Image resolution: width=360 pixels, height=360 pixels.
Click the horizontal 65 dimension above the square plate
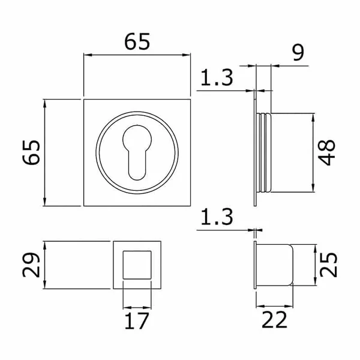pyautogui.click(x=137, y=41)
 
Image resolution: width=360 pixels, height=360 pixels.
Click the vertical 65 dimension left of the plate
pyautogui.click(x=31, y=152)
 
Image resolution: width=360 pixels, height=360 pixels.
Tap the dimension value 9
pyautogui.click(x=298, y=53)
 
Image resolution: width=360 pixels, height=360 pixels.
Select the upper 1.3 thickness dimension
pyautogui.click(x=217, y=77)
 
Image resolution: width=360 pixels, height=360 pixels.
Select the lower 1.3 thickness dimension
pyautogui.click(x=217, y=217)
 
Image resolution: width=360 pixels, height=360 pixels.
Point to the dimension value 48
pyautogui.click(x=326, y=152)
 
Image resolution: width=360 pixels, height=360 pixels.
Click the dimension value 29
pyautogui.click(x=31, y=265)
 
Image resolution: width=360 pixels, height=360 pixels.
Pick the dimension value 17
pyautogui.click(x=137, y=321)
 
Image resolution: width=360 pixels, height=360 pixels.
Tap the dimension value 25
pyautogui.click(x=328, y=265)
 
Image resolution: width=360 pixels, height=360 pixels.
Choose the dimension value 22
pyautogui.click(x=274, y=319)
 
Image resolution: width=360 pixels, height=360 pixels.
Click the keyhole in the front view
pyautogui.click(x=137, y=152)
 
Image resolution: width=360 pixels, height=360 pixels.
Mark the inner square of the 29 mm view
pyautogui.click(x=137, y=265)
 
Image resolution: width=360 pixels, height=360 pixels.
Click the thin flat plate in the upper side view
pyautogui.click(x=255, y=148)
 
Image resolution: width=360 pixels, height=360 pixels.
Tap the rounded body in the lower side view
pyautogui.click(x=275, y=265)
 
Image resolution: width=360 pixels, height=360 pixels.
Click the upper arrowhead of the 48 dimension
pyautogui.click(x=313, y=117)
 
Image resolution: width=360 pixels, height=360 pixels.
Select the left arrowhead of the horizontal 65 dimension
pyautogui.click(x=88, y=55)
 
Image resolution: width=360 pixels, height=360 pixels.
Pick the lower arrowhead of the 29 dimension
pyautogui.click(x=45, y=284)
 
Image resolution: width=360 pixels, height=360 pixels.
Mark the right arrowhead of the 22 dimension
pyautogui.click(x=289, y=306)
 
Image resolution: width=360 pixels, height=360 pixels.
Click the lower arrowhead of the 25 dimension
pyautogui.click(x=315, y=282)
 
